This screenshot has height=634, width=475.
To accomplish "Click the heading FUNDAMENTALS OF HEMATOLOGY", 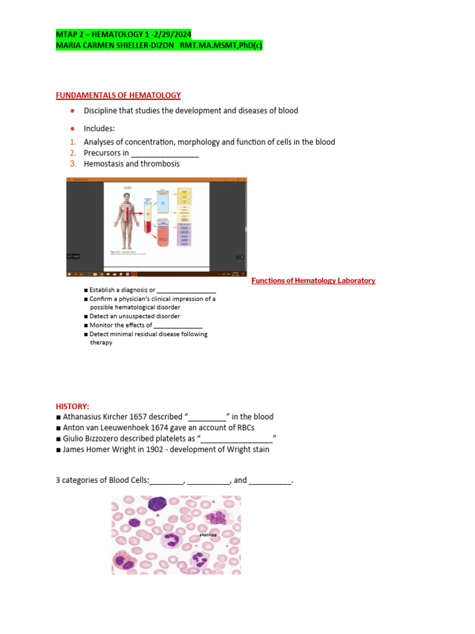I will coord(118,95).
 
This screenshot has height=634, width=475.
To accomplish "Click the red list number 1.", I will coord(72,142).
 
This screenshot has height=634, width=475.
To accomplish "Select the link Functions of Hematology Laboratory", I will coord(313,280).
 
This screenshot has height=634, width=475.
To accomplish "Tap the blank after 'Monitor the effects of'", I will coord(178,325).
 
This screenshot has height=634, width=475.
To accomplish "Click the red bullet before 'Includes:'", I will coord(72,128).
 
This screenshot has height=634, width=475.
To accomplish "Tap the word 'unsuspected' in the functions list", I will coord(134,316).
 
